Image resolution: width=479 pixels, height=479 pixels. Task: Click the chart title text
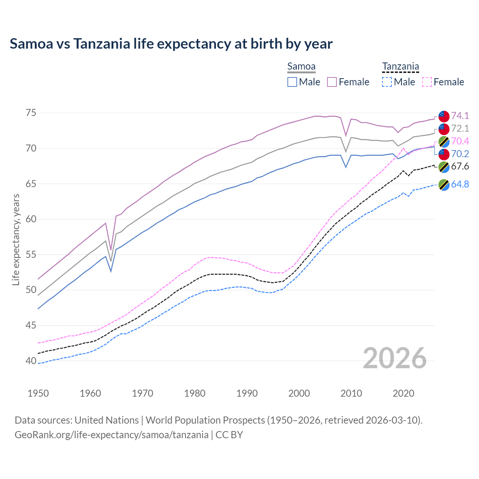point(171,44)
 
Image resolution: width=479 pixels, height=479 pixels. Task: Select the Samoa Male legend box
point(292,82)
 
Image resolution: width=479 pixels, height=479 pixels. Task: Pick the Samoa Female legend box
point(332,82)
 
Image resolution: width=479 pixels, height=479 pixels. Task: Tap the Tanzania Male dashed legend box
point(387,82)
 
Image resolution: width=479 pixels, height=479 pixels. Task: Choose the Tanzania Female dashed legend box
point(427,82)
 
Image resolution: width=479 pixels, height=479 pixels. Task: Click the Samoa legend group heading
point(301,67)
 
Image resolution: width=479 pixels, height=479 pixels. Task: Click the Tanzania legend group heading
point(400,67)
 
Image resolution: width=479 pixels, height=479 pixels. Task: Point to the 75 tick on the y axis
point(31,113)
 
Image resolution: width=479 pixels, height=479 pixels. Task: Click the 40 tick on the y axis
point(31,361)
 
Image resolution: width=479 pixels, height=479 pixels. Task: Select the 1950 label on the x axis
point(38,393)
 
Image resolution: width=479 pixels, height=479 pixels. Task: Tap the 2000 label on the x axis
point(299,393)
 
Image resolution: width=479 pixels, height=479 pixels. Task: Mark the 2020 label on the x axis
point(403,393)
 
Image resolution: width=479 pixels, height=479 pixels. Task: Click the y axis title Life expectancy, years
point(16,239)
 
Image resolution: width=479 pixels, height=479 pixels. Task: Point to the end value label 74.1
point(460,116)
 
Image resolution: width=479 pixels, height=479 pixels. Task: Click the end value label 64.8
point(460,184)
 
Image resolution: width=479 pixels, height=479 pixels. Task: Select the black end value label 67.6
point(460,167)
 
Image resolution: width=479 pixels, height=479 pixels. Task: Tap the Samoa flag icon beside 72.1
point(444,129)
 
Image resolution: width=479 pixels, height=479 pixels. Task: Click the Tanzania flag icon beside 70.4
point(444,141)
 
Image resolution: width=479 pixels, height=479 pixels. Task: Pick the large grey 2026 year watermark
point(395,358)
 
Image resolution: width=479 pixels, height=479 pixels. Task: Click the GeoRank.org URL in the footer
point(112,435)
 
